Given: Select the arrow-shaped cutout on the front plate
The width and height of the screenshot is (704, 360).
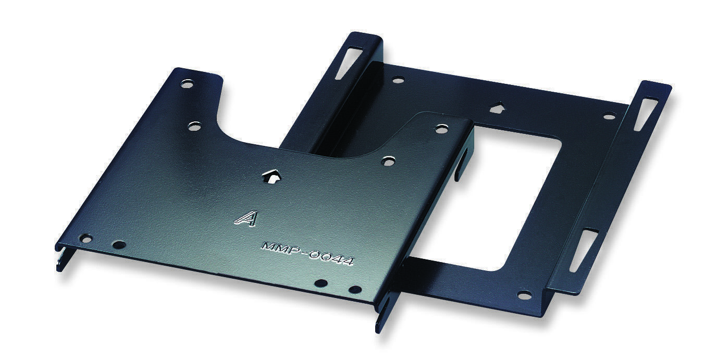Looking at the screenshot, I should tap(271, 176).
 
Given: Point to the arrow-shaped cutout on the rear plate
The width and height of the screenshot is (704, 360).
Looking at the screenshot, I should tap(497, 108).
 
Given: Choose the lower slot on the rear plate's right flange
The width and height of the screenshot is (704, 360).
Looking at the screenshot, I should tap(583, 250).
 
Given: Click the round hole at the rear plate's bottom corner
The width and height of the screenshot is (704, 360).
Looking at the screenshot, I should tap(524, 295).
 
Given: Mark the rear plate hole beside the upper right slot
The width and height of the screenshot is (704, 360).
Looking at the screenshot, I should tap(609, 116).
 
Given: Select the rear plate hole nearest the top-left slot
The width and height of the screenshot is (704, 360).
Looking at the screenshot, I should tap(398, 80).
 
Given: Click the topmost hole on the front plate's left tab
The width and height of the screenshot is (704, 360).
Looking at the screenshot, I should tap(187, 83).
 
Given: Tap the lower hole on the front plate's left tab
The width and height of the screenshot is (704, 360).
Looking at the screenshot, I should tap(194, 126).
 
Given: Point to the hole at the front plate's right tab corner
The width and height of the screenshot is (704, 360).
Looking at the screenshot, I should tap(441, 129).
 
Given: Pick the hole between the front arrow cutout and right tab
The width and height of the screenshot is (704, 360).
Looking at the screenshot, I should tap(388, 161).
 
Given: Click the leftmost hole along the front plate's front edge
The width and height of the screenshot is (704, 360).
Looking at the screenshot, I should tap(85, 239).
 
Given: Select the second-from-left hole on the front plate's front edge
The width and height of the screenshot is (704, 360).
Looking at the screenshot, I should tap(119, 244).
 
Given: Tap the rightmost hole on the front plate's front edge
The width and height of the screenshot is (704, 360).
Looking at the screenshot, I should tap(355, 289).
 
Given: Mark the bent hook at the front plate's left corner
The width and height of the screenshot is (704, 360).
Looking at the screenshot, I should tap(60, 258).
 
